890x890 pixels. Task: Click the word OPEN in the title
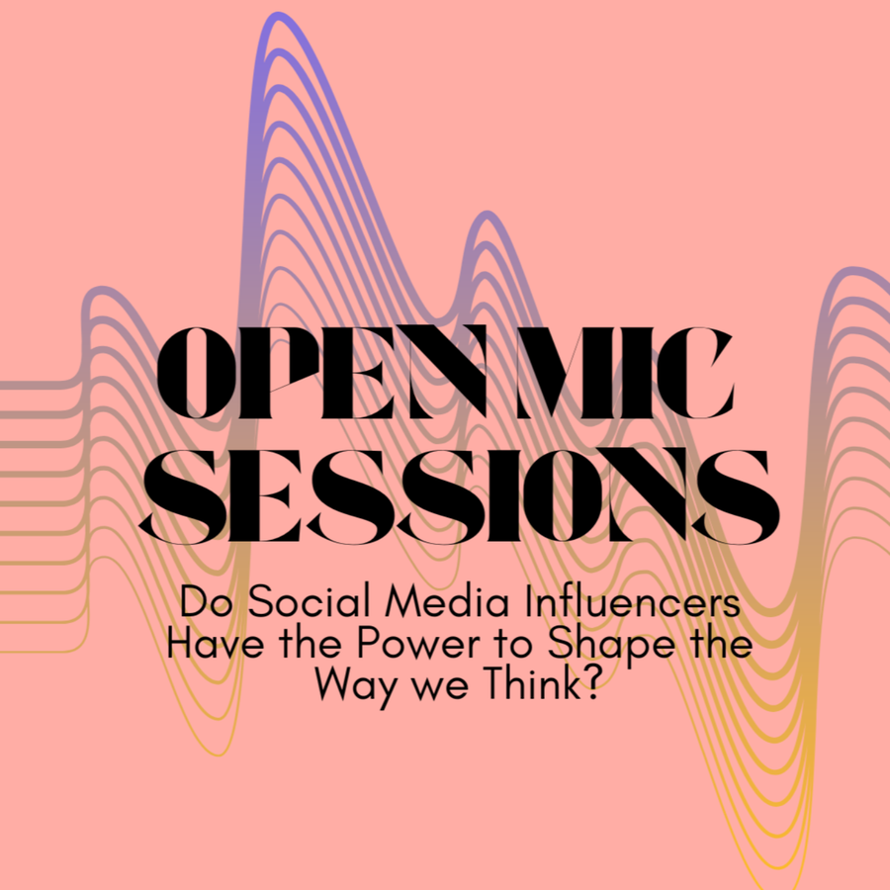pos(321,373)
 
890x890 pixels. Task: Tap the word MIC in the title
pos(625,373)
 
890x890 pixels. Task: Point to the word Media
pos(447,601)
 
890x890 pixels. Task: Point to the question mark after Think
pos(591,683)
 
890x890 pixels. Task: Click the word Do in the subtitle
pos(206,601)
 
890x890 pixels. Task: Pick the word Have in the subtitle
pos(215,644)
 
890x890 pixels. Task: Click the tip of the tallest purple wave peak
pos(278,14)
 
